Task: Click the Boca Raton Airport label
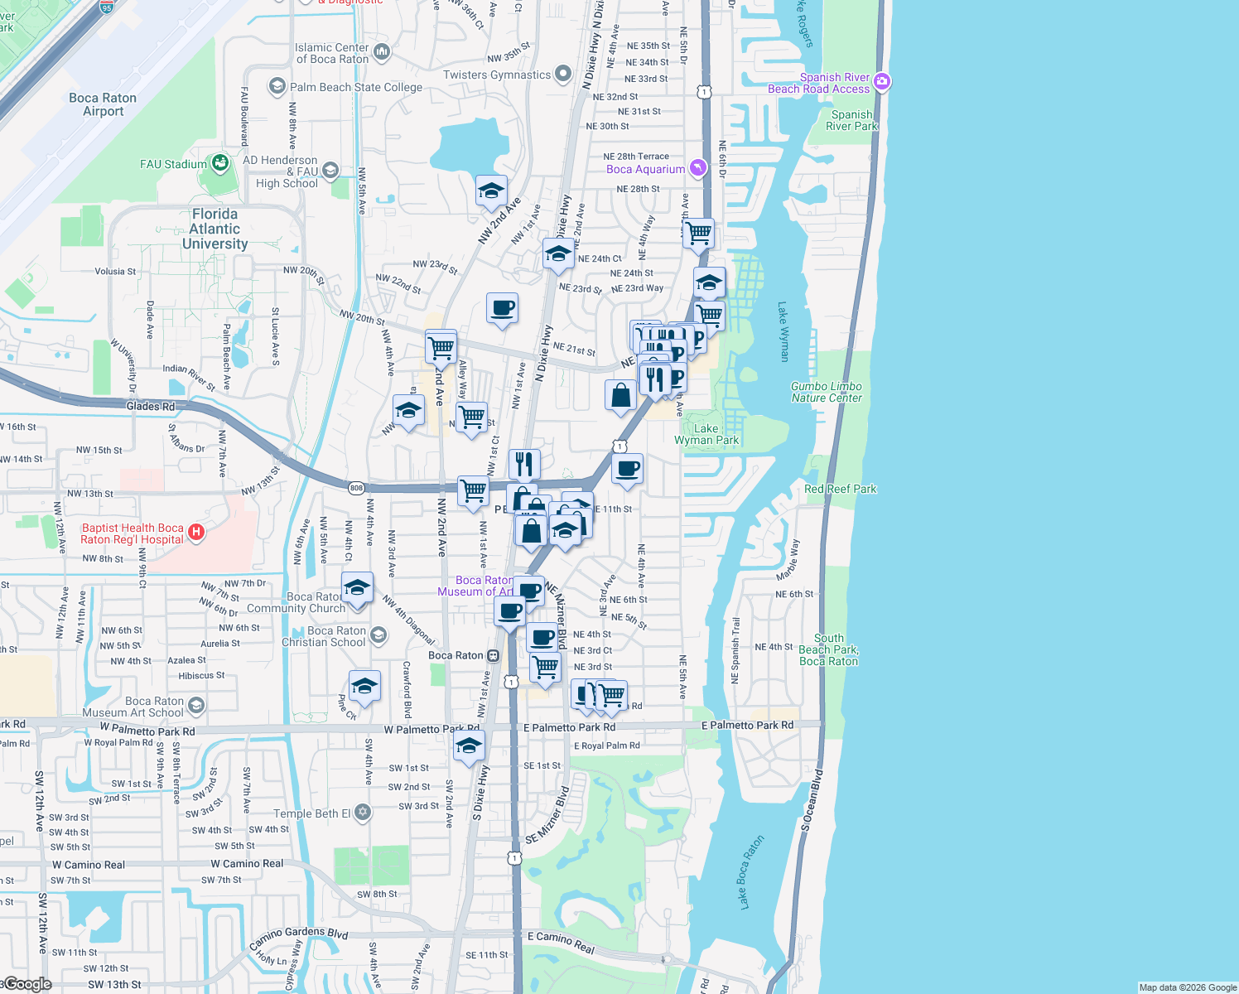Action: [x=103, y=104]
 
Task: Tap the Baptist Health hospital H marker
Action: [x=196, y=533]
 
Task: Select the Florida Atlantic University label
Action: [x=215, y=229]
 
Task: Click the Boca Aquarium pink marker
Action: [x=698, y=168]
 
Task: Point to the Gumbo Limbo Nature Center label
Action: [x=826, y=392]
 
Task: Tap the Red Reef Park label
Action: [x=840, y=489]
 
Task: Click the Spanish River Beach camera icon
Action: [x=882, y=81]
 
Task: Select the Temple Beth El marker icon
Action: [x=363, y=813]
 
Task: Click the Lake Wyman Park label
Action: [x=706, y=434]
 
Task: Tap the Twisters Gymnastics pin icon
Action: [x=563, y=74]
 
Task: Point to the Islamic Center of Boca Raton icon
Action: [x=382, y=53]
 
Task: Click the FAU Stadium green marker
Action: [x=220, y=163]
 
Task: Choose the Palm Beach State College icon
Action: [x=277, y=86]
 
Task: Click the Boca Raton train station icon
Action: [x=494, y=655]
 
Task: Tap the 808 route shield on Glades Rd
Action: [x=356, y=488]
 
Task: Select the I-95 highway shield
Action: [x=106, y=7]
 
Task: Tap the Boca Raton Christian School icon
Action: [x=378, y=635]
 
